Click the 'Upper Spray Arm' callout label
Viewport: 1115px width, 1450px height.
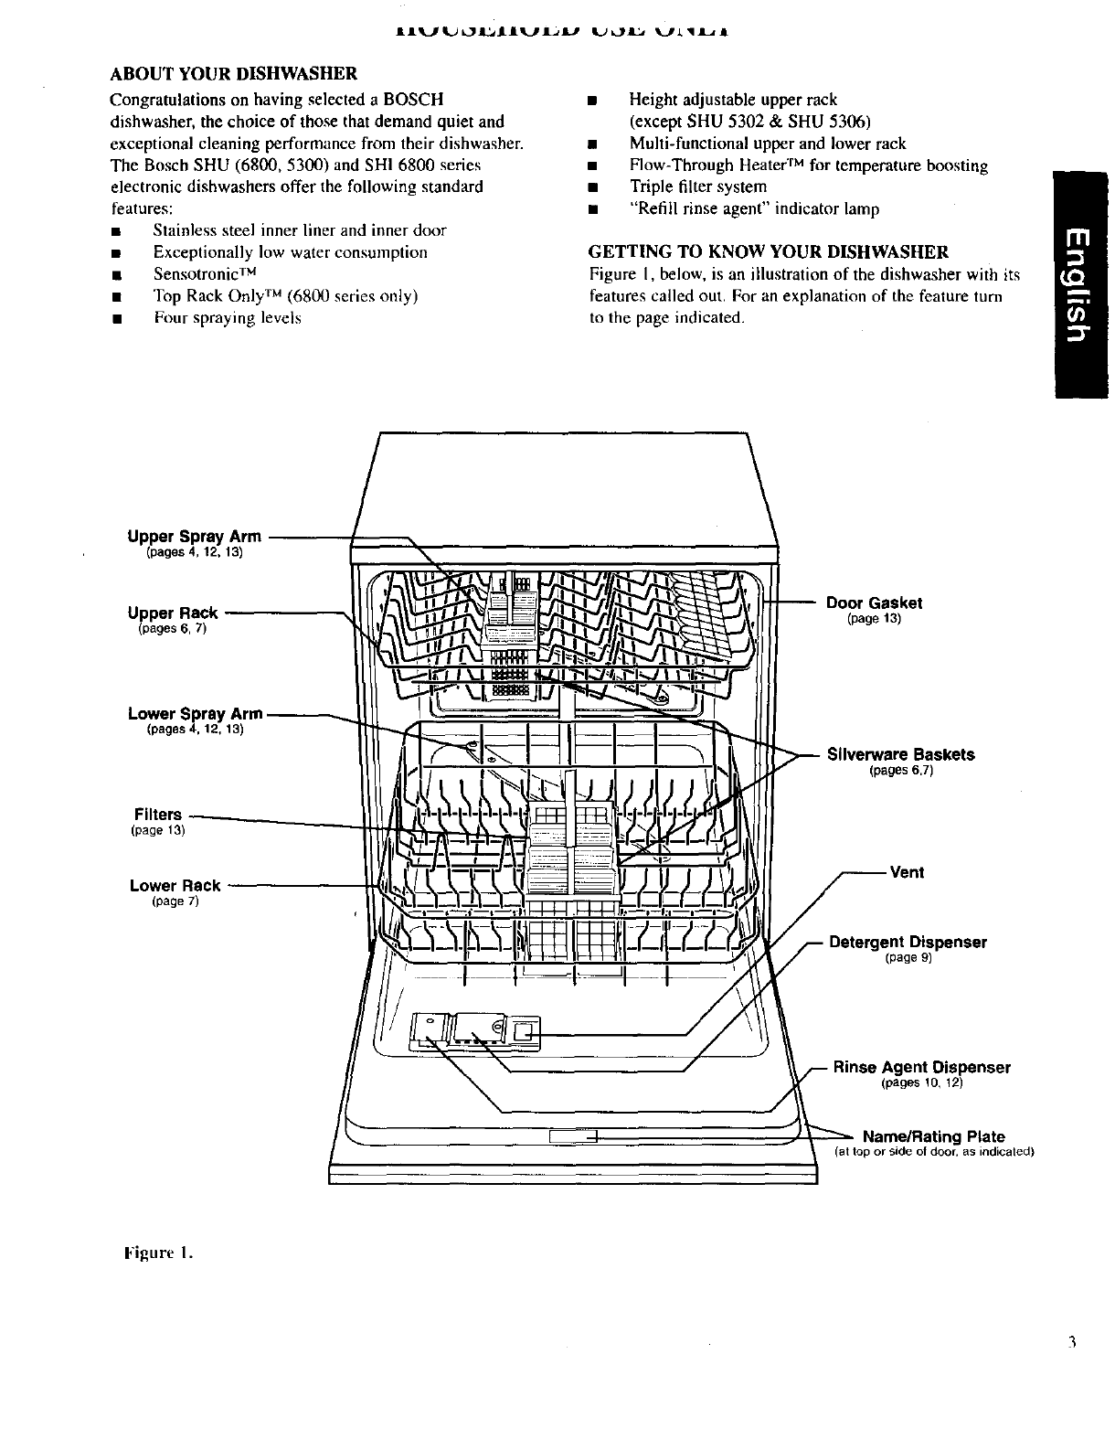(x=194, y=537)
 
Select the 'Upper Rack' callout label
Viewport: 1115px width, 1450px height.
(x=173, y=613)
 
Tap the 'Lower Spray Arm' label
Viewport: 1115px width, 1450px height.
(x=196, y=713)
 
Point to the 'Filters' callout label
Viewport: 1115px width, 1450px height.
(x=158, y=814)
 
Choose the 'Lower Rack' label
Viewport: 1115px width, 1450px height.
(x=175, y=885)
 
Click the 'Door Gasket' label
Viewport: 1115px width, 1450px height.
(x=874, y=602)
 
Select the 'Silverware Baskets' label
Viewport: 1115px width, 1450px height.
(x=900, y=754)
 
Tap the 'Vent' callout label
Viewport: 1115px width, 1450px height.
(x=907, y=872)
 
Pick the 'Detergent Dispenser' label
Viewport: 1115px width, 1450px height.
(x=908, y=942)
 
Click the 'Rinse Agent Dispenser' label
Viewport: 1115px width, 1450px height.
(x=921, y=1067)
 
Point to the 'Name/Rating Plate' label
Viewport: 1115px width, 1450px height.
(x=934, y=1136)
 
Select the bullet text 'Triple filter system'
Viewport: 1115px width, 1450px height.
(x=698, y=187)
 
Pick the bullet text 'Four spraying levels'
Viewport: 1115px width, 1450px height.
(x=228, y=318)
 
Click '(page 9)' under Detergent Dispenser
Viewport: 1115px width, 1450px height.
(x=908, y=958)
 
